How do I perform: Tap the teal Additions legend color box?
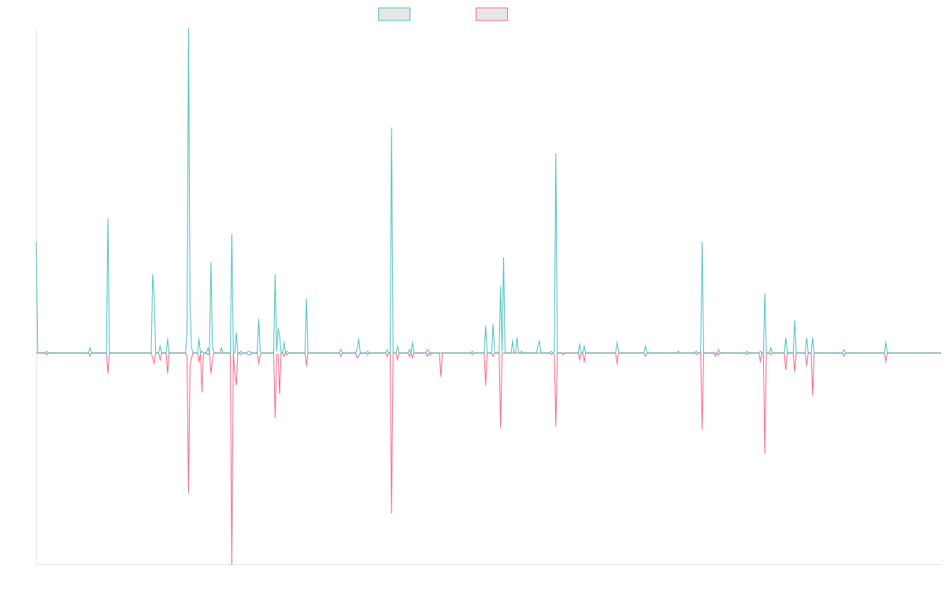click(395, 14)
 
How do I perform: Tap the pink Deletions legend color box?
click(493, 14)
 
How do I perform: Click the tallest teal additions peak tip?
click(188, 30)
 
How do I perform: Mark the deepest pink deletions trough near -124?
click(232, 563)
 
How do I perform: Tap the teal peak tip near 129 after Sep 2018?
click(391, 128)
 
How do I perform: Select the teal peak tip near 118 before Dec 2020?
click(556, 153)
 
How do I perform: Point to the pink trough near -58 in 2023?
click(765, 453)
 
